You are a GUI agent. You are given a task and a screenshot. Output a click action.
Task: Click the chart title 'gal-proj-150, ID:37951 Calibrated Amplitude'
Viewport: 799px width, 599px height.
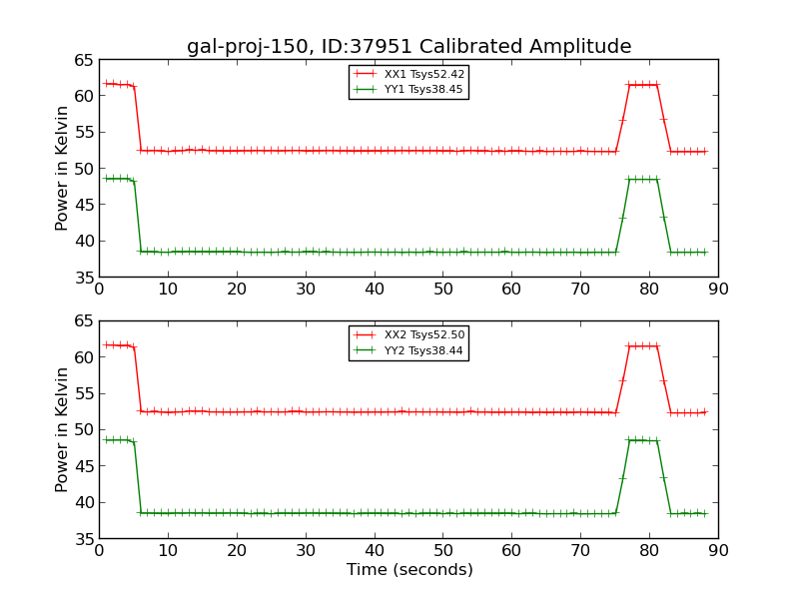(x=408, y=47)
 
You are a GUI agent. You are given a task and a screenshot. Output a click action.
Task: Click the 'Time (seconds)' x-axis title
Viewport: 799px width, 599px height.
(x=409, y=570)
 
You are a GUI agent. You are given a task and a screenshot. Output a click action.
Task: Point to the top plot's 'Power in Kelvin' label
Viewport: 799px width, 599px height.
(x=63, y=168)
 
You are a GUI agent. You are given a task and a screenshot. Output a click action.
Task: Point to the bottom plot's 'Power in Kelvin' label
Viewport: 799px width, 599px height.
(x=63, y=429)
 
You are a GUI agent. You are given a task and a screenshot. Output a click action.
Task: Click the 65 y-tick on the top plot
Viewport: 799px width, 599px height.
(x=83, y=60)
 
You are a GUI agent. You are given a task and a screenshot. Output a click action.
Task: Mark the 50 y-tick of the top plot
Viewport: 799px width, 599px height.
(x=83, y=169)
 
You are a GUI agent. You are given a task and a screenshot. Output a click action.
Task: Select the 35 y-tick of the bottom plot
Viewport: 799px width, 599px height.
(x=83, y=539)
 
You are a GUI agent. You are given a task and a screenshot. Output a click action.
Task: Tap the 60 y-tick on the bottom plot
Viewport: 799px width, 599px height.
(x=83, y=357)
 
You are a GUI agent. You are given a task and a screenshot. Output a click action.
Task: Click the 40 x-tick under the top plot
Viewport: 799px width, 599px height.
(x=375, y=290)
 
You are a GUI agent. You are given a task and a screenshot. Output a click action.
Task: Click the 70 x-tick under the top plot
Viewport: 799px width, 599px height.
(x=580, y=290)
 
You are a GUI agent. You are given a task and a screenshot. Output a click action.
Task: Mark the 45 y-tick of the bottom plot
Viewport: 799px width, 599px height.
(x=83, y=466)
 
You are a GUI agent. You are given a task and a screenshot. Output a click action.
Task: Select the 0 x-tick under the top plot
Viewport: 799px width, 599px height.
(x=99, y=290)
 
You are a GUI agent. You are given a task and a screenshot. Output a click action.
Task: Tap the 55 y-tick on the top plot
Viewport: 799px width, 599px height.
(x=83, y=133)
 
